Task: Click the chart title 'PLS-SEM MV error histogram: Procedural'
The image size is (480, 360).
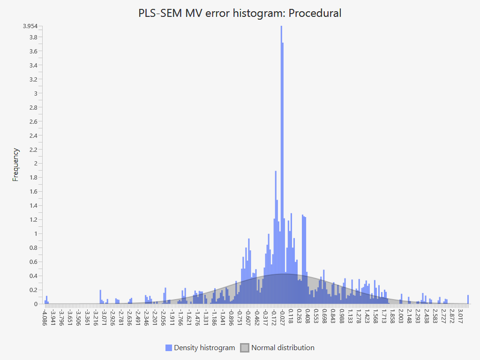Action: tap(240, 13)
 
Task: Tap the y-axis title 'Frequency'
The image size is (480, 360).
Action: tap(16, 165)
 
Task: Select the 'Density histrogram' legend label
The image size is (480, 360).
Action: tap(204, 348)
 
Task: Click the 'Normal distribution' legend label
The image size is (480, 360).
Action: tap(283, 348)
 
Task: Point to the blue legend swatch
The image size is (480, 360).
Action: tap(169, 348)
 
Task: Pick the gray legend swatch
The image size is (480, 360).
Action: tap(245, 348)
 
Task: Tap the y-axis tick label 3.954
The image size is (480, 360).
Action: tap(30, 26)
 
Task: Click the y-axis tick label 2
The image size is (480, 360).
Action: tap(35, 164)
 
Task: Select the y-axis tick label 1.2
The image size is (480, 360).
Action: tap(33, 219)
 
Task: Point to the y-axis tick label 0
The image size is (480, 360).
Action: tap(35, 304)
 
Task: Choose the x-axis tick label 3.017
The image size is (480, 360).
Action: tap(460, 315)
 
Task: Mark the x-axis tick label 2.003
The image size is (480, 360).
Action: tap(401, 315)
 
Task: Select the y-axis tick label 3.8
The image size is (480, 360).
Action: tap(33, 37)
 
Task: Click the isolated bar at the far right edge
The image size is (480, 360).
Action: tap(468, 299)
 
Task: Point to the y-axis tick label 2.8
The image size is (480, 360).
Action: tap(33, 107)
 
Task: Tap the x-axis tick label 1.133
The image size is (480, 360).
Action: tap(350, 315)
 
